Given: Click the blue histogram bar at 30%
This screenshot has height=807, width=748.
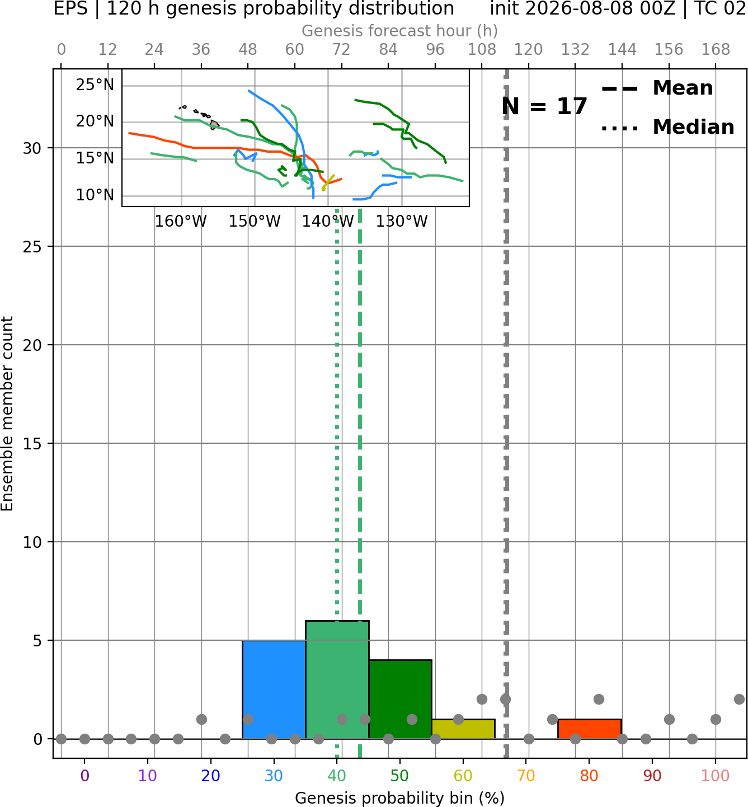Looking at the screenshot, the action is tap(274, 689).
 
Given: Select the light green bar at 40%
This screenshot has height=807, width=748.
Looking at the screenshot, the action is tap(337, 680).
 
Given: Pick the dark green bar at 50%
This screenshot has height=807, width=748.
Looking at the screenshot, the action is tap(400, 700).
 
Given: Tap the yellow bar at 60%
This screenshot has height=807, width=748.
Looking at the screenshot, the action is tap(463, 729).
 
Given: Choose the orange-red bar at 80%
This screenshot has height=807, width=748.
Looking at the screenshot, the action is tap(590, 729).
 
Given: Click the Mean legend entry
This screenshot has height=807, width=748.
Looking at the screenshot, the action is tap(657, 88).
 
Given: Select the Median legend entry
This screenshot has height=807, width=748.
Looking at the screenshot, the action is tap(667, 127).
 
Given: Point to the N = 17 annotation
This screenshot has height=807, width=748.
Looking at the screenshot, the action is tap(544, 106).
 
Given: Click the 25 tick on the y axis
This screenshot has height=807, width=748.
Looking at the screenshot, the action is tap(32, 247).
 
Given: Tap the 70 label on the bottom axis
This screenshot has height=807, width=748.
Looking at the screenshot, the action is tap(526, 776).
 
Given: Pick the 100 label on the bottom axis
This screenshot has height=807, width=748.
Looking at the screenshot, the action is tap(716, 776).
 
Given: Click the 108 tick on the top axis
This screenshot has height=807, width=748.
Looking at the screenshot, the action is tap(482, 50).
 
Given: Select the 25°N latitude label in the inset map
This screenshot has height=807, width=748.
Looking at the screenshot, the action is tap(95, 85).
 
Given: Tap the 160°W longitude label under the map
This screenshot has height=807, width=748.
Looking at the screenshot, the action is tap(181, 222).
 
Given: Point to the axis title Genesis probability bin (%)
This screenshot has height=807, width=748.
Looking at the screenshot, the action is tap(400, 798).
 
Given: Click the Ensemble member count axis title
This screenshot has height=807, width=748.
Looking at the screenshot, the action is tap(7, 414).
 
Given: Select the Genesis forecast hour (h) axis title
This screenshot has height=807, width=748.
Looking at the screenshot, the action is tap(400, 31).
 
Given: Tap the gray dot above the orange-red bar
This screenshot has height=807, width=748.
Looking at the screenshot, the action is tap(599, 700).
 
